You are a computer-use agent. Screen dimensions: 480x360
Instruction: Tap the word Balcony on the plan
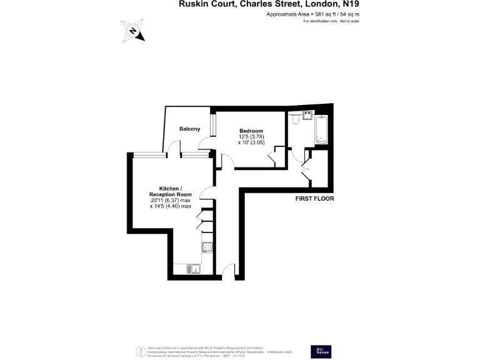click(x=189, y=129)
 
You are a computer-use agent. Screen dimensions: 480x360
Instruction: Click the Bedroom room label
click(x=251, y=131)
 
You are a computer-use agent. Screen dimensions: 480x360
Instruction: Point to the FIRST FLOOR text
click(x=315, y=199)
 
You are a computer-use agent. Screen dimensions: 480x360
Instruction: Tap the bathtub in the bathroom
click(x=321, y=129)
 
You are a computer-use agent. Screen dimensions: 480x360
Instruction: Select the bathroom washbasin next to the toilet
click(x=307, y=116)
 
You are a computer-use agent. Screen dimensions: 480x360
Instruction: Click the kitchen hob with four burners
click(x=207, y=247)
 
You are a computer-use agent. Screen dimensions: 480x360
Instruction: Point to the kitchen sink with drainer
click(x=192, y=269)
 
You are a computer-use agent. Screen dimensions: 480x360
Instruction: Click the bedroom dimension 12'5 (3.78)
click(x=250, y=137)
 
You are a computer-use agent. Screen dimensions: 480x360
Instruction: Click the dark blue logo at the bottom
click(x=321, y=351)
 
